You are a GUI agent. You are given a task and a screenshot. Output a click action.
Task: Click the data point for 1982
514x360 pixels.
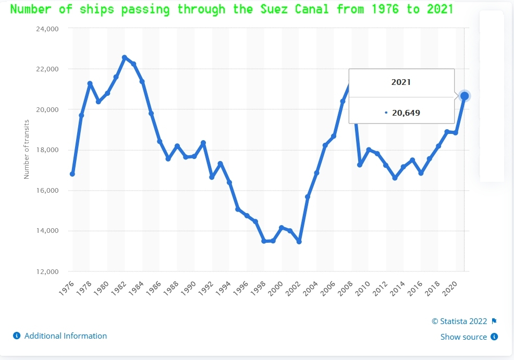(x=125, y=57)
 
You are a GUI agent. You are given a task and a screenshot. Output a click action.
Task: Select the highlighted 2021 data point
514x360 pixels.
(x=464, y=96)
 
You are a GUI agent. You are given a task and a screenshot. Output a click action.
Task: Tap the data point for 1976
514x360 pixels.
(x=72, y=173)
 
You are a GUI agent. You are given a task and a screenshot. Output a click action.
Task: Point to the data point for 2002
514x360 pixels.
(x=299, y=242)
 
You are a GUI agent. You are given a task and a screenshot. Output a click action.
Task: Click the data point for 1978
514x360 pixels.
(x=90, y=83)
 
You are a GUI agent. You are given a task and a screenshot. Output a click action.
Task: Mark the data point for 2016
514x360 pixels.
(x=421, y=173)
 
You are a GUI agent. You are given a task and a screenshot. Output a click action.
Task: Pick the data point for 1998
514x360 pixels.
(x=264, y=241)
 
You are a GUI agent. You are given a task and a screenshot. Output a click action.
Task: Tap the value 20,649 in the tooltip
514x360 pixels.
(x=406, y=113)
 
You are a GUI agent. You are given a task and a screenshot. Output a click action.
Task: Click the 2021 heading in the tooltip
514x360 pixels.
(x=401, y=82)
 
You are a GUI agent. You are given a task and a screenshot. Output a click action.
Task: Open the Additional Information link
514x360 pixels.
(x=65, y=336)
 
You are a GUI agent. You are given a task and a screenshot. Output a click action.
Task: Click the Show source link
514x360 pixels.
(x=463, y=337)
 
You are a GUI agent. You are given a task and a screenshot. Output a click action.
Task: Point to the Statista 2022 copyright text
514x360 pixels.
(x=459, y=321)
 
